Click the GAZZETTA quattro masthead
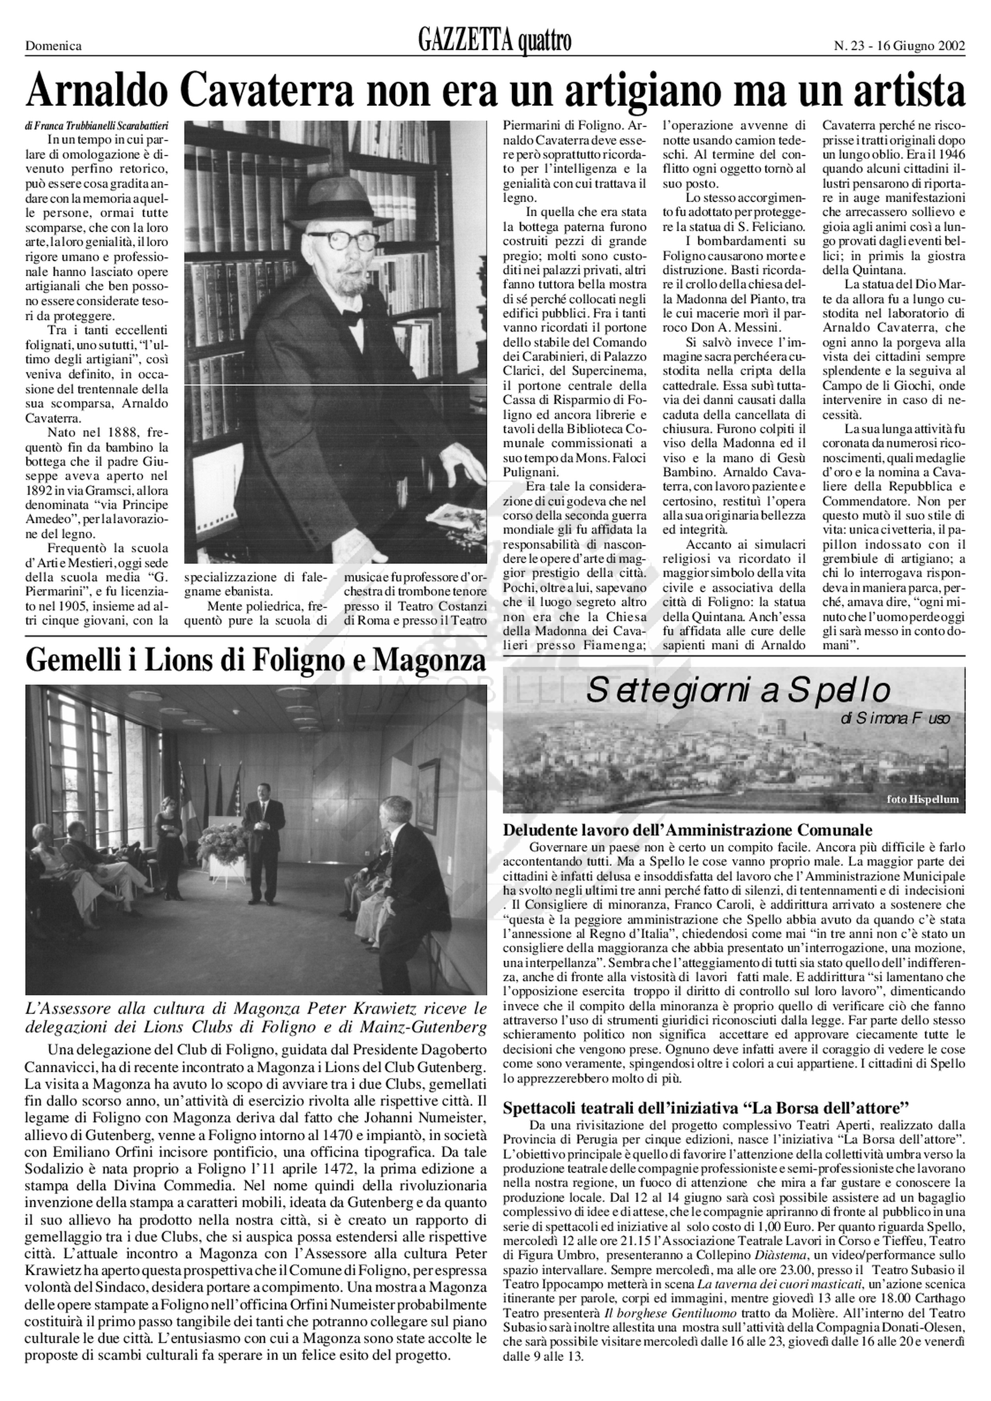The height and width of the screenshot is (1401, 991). [495, 42]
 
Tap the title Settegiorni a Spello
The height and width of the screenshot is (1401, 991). [737, 691]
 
